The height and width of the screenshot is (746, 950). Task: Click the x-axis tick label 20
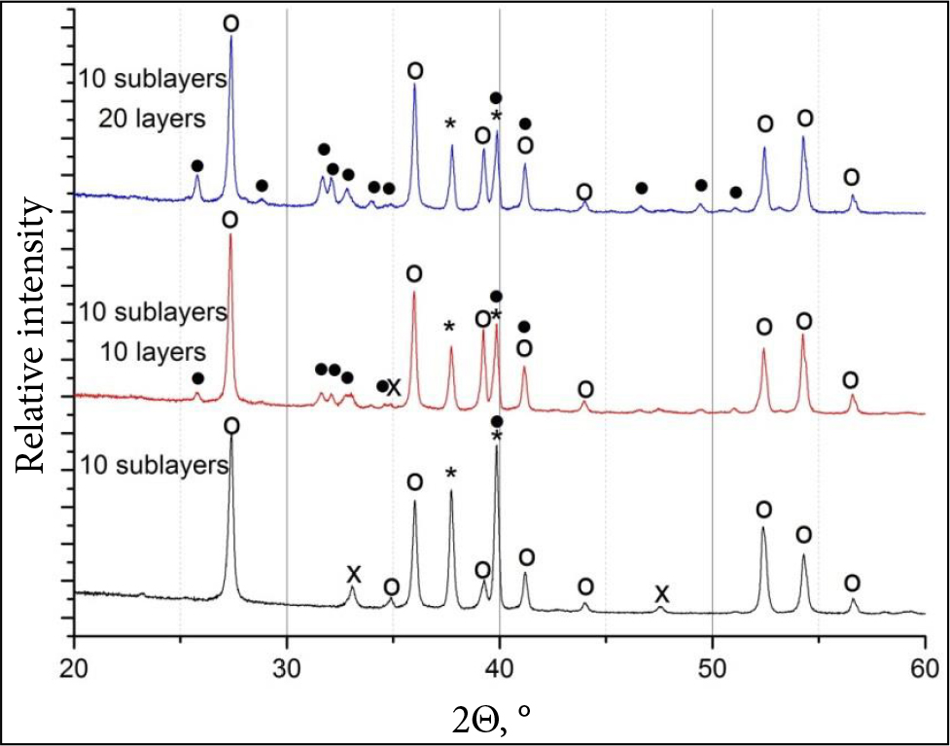(74, 667)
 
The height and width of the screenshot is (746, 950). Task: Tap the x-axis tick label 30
(287, 667)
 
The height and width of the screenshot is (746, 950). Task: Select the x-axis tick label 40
(499, 667)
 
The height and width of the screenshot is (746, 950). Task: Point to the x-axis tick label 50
(713, 667)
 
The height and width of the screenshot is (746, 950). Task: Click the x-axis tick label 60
(924, 667)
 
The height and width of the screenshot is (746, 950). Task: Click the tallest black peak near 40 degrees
(497, 448)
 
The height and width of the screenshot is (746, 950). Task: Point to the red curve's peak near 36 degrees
(414, 293)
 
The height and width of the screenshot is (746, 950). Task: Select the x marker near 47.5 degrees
(661, 593)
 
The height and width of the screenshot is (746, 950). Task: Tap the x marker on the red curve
(394, 387)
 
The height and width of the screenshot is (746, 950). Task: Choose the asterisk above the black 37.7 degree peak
(451, 474)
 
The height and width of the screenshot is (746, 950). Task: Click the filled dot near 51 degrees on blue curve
(735, 194)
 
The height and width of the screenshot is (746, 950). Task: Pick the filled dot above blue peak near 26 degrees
(197, 166)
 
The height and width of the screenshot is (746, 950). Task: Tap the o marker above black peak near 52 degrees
(763, 510)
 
